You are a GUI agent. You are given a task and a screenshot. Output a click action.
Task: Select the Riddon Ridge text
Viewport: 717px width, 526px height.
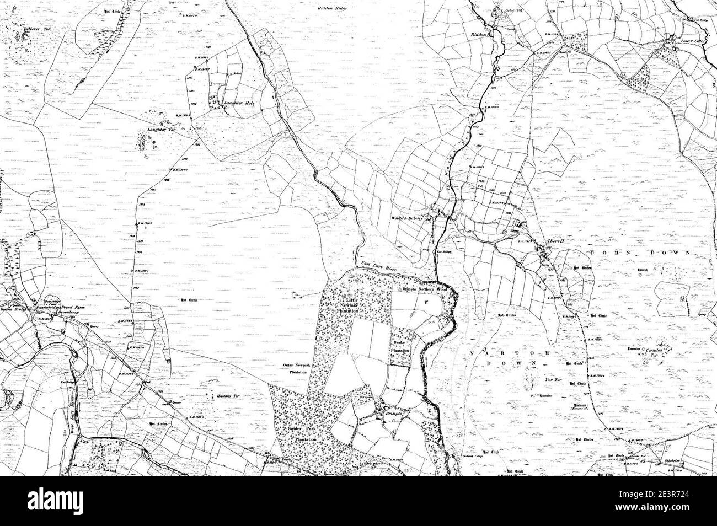click(333, 8)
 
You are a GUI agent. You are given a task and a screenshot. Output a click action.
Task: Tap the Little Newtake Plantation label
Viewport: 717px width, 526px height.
click(352, 304)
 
